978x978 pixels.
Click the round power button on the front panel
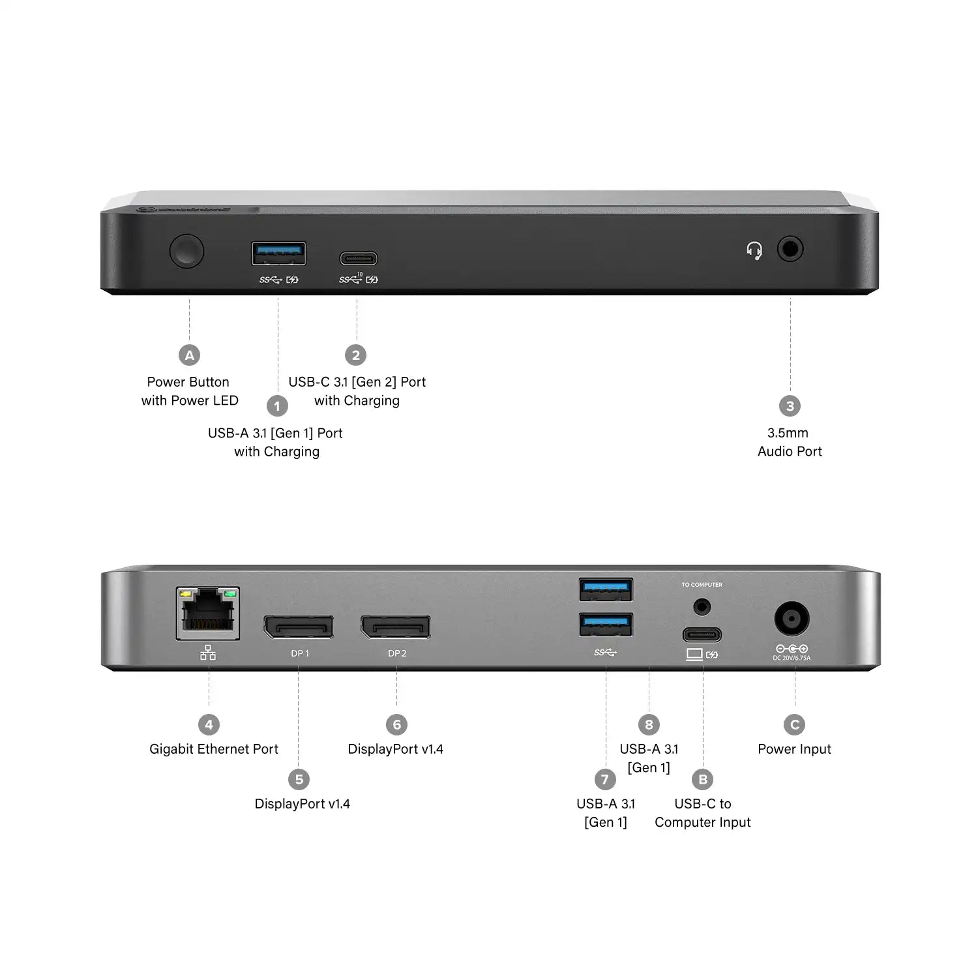(186, 251)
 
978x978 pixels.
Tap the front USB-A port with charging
(278, 253)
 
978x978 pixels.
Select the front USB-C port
(358, 259)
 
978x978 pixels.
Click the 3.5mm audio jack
(790, 249)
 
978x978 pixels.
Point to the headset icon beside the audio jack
(754, 250)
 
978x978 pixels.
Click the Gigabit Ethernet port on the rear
(207, 613)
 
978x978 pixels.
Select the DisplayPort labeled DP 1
(299, 627)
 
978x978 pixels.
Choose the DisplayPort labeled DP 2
(396, 627)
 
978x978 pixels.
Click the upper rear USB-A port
(606, 589)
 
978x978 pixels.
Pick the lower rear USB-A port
(606, 625)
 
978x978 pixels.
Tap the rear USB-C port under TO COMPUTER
(702, 634)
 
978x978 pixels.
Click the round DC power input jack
(792, 619)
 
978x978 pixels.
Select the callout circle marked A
(189, 355)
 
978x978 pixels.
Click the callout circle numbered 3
(790, 406)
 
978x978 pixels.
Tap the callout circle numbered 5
(299, 779)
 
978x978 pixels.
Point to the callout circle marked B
(703, 779)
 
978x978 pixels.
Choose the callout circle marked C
(794, 724)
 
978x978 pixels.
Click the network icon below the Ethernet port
(208, 653)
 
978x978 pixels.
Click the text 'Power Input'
(794, 749)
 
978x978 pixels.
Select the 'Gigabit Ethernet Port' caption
(214, 749)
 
